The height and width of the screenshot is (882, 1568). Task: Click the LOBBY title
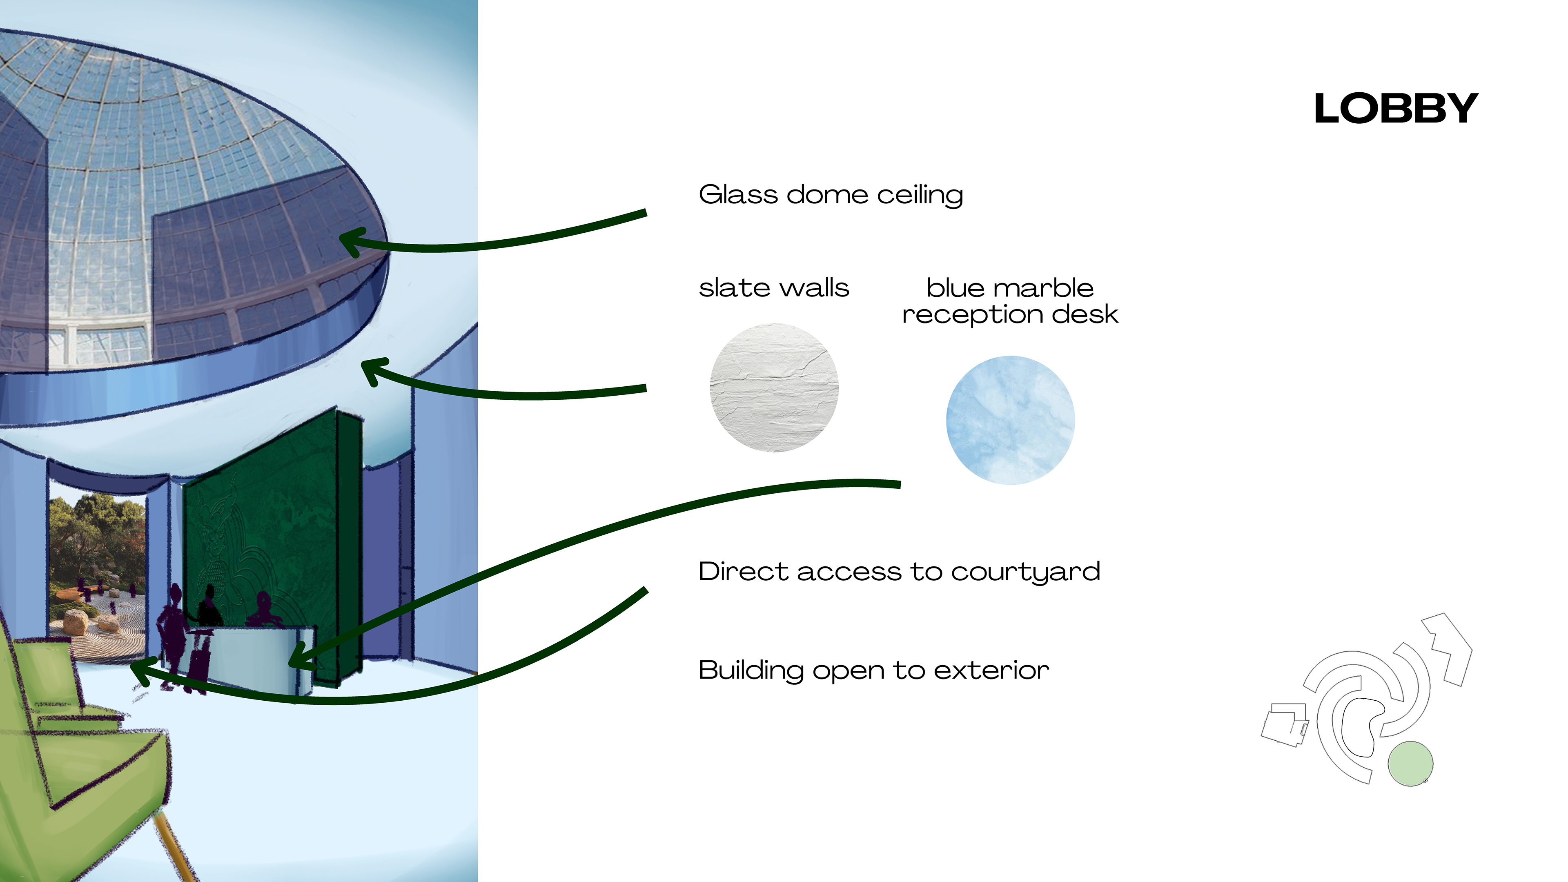[1396, 109]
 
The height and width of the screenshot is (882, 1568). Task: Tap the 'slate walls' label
[773, 288]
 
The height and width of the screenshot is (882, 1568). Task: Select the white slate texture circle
[774, 388]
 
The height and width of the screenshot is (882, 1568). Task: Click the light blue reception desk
[256, 657]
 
